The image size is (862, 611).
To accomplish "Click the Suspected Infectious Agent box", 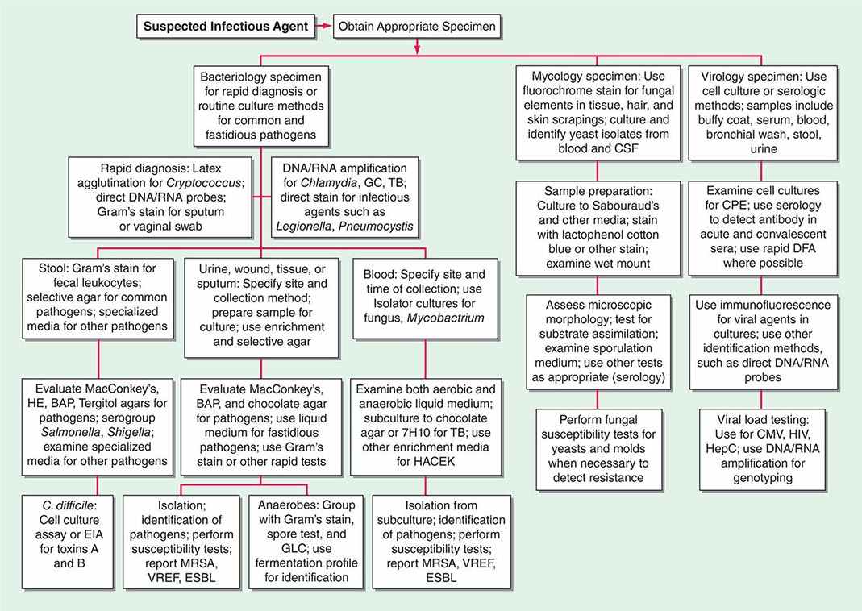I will click(x=225, y=26).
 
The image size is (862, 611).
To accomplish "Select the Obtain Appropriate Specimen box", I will click(x=418, y=26).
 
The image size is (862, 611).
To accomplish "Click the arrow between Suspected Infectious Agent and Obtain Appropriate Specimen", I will click(x=321, y=26).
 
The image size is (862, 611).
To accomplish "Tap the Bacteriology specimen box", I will click(x=260, y=102).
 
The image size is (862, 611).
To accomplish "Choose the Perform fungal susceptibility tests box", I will click(x=596, y=448).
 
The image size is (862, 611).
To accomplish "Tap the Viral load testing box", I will click(x=761, y=448).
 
